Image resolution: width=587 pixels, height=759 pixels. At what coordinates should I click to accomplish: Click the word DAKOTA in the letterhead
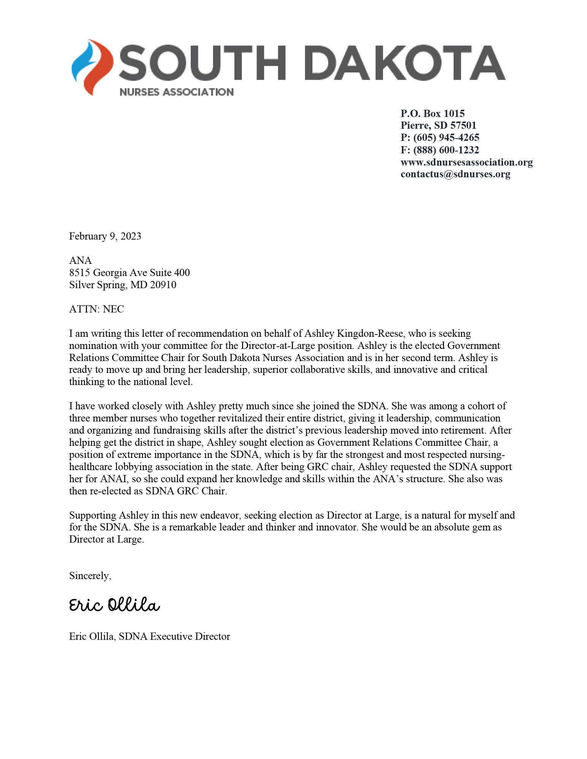[405, 63]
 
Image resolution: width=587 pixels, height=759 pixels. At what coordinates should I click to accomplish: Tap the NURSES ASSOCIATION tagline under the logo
[176, 92]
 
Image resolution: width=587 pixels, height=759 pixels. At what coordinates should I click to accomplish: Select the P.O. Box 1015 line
[432, 114]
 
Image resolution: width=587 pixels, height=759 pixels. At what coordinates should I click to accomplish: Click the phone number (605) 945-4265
[446, 138]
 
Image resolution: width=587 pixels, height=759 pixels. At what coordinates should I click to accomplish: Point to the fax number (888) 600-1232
[446, 150]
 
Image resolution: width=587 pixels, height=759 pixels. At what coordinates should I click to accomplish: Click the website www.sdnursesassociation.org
[466, 162]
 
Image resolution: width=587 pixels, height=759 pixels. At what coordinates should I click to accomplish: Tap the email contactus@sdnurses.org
[455, 174]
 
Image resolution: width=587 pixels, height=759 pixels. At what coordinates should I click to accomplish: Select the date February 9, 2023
[105, 237]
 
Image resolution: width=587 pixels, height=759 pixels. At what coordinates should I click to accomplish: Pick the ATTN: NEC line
[97, 309]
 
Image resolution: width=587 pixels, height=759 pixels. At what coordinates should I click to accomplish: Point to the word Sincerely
[90, 576]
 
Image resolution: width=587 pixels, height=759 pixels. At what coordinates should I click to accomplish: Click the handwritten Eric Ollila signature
[114, 605]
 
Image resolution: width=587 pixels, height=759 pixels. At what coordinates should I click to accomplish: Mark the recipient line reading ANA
[81, 261]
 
